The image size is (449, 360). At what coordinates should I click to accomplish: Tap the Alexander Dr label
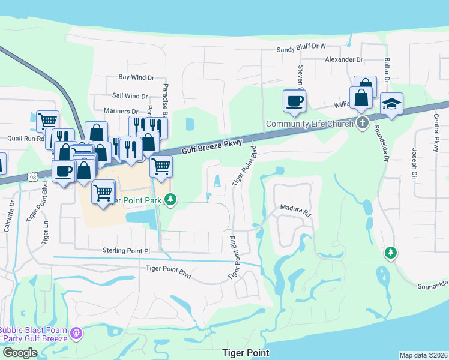click(x=344, y=60)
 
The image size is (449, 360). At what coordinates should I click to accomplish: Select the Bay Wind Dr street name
click(x=136, y=77)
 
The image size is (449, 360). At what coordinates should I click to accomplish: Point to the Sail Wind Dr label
click(x=130, y=96)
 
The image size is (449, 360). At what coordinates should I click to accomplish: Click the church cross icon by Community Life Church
click(x=362, y=123)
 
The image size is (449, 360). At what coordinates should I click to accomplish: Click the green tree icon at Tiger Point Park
click(x=171, y=199)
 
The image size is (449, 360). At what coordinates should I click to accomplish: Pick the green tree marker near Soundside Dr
click(x=391, y=253)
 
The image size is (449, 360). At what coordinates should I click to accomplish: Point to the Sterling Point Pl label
click(x=125, y=250)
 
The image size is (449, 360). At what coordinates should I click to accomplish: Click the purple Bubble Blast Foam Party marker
click(x=76, y=332)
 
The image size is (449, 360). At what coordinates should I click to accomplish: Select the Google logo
click(x=19, y=353)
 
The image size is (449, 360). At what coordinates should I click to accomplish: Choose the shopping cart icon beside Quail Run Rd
click(x=47, y=121)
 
